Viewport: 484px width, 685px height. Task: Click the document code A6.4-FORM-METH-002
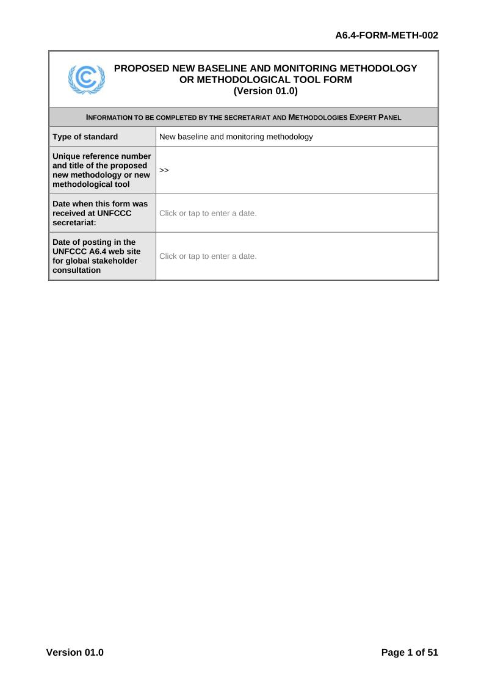point(387,35)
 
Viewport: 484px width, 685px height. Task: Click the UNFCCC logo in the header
point(86,79)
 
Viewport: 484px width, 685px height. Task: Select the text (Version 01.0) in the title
point(265,91)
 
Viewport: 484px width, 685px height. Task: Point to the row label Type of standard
point(85,137)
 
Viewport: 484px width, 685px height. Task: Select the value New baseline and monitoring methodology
point(236,137)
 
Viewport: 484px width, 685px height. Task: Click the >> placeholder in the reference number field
point(164,170)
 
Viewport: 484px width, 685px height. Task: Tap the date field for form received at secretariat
point(208,213)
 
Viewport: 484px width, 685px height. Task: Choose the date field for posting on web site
point(208,256)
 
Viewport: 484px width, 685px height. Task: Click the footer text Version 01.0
point(75,652)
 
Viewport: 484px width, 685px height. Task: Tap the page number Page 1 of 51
point(410,652)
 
